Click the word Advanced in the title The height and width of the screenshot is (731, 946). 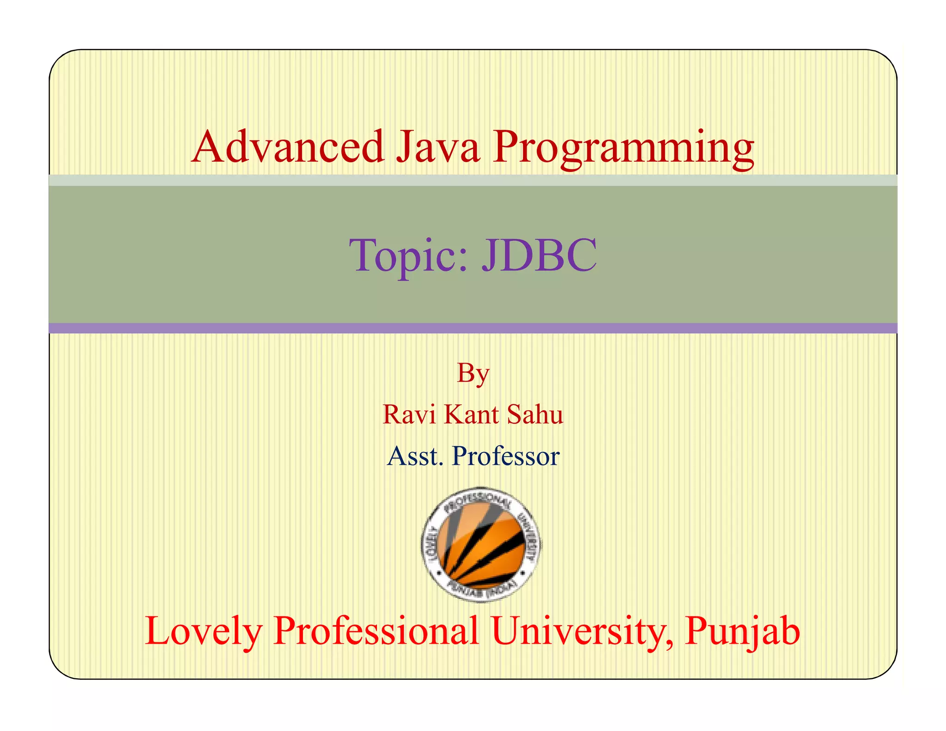pyautogui.click(x=288, y=147)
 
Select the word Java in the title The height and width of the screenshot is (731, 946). pyautogui.click(x=438, y=147)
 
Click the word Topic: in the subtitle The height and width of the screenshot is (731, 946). pyautogui.click(x=409, y=255)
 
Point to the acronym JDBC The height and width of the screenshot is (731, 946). pyautogui.click(x=539, y=255)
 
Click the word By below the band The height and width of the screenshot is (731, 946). pyautogui.click(x=473, y=373)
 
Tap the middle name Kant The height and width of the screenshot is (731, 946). pyautogui.click(x=471, y=414)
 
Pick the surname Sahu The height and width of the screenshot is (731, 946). pyautogui.click(x=535, y=414)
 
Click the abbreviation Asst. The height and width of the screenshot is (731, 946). pyautogui.click(x=415, y=457)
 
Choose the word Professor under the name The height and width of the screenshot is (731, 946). pyautogui.click(x=506, y=457)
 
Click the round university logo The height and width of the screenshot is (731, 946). pyautogui.click(x=481, y=544)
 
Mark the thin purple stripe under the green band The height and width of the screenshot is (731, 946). pyautogui.click(x=473, y=328)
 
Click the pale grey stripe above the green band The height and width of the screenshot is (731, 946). pyautogui.click(x=473, y=180)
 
